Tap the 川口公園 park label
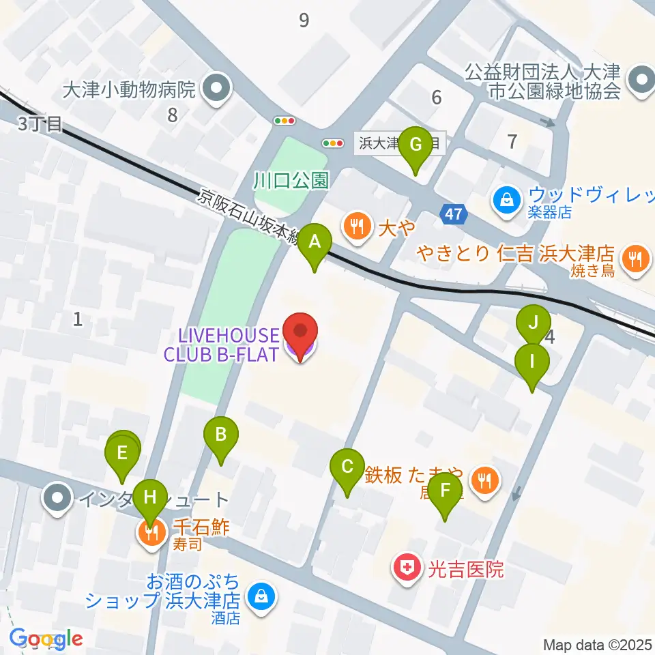coord(291,181)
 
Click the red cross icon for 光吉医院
coord(407,568)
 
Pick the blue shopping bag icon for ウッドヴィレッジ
coord(507,200)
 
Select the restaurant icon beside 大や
coord(356,224)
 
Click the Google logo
coord(46,639)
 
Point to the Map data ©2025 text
coord(598,644)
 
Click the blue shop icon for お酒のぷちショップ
coord(261,596)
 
